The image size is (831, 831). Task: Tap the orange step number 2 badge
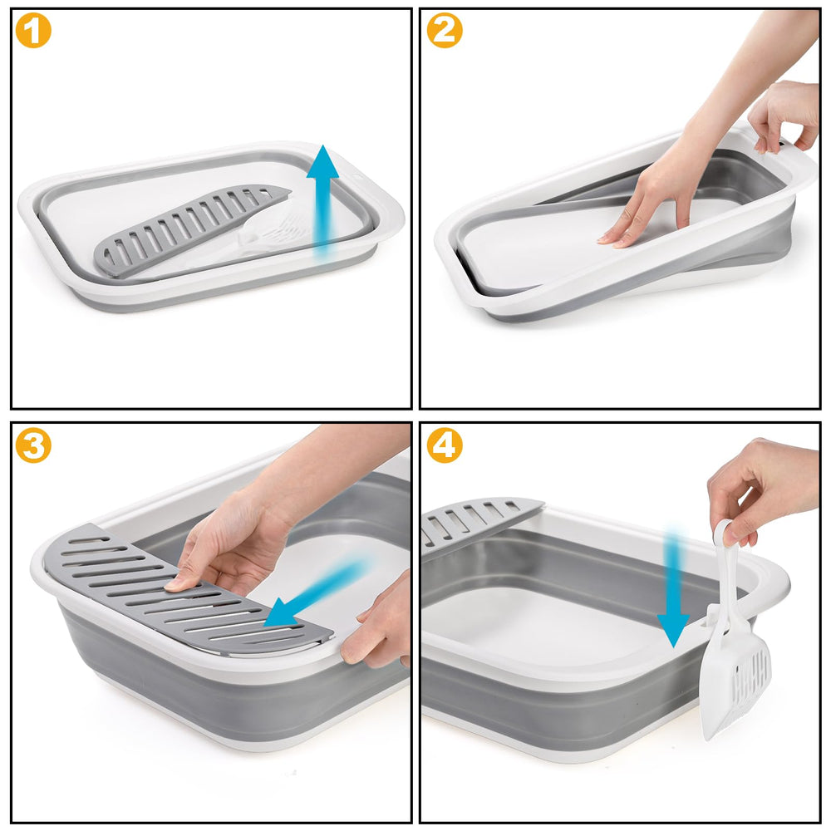[x=445, y=31]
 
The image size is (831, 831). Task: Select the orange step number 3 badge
[x=33, y=446]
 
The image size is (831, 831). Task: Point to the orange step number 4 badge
[x=445, y=446]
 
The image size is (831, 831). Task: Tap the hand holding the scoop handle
[x=760, y=490]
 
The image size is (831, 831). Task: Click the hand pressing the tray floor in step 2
[x=652, y=199]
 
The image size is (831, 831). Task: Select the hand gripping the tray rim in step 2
[x=785, y=116]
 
